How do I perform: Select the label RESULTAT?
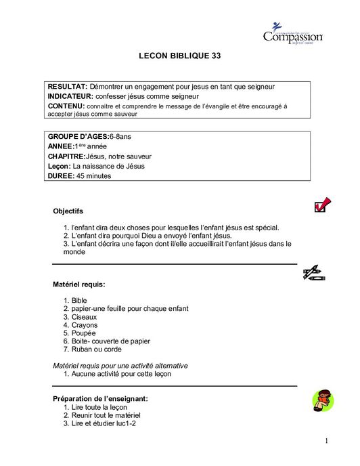68,87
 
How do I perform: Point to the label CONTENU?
66,106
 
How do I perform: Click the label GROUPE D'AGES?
78,137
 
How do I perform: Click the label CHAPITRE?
67,156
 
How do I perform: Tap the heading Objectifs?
68,211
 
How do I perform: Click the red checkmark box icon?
322,205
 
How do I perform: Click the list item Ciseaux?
84,316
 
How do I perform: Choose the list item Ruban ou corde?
97,349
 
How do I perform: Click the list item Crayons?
84,324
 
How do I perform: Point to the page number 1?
326,441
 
